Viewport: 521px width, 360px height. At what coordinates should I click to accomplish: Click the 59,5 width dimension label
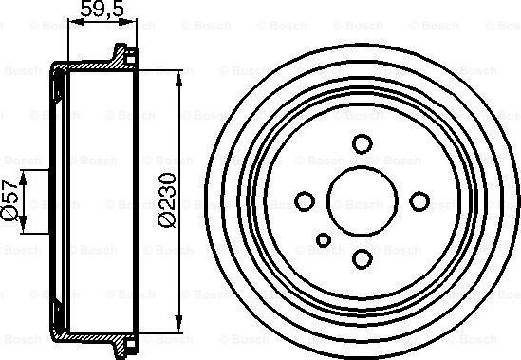(x=95, y=14)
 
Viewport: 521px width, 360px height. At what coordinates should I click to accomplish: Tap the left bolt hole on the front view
(x=305, y=200)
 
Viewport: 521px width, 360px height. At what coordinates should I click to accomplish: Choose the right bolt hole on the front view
(x=419, y=200)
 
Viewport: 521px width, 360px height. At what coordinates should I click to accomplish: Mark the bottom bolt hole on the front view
(x=362, y=258)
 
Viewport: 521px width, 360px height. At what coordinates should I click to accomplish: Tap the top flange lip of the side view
(x=120, y=50)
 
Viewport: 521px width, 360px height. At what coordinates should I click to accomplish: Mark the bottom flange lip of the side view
(x=120, y=350)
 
